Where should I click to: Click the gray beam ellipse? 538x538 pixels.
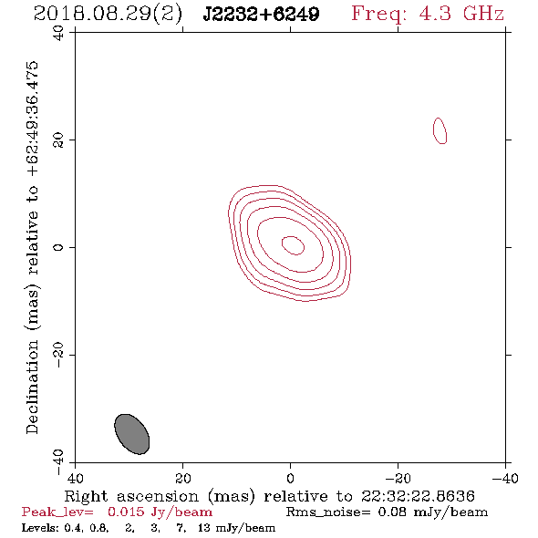(131, 434)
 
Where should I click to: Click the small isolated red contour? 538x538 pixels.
(434, 130)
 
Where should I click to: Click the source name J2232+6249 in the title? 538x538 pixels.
(261, 14)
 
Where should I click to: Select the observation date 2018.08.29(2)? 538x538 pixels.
(108, 14)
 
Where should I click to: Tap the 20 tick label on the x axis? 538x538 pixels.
(183, 478)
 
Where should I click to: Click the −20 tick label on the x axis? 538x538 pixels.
(398, 478)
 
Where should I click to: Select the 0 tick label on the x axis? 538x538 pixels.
(290, 478)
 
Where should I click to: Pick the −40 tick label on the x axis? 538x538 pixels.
(505, 478)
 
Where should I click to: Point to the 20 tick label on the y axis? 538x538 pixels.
(58, 140)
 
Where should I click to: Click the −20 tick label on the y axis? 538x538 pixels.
(58, 355)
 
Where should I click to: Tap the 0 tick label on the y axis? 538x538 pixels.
(58, 247)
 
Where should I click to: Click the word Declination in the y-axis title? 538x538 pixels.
(32, 387)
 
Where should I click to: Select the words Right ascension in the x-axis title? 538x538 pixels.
(131, 496)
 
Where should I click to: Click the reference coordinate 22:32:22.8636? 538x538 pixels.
(418, 496)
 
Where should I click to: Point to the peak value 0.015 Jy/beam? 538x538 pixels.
(160, 512)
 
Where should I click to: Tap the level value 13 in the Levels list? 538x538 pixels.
(204, 528)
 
